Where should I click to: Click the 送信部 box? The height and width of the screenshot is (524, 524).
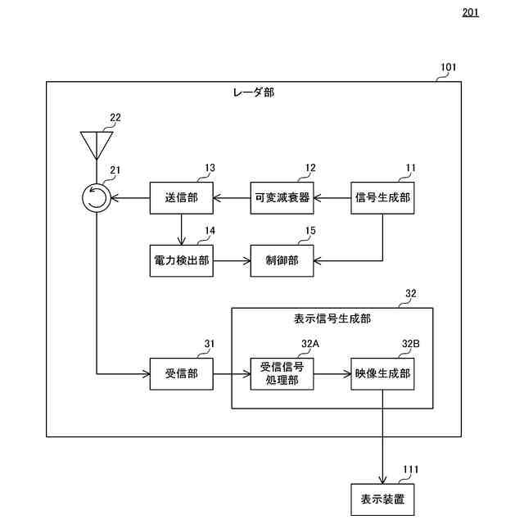pos(182,198)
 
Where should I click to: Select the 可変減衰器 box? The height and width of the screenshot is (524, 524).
pos(282,198)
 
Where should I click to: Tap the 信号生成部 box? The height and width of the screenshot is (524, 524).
pos(382,198)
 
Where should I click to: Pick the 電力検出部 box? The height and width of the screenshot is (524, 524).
pos(182,260)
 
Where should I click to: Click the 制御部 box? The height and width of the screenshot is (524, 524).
pos(282,260)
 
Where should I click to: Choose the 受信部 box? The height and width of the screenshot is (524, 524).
pos(182,374)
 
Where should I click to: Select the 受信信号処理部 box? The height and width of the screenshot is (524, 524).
pos(282,374)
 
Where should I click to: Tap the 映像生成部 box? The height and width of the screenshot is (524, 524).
pos(382,374)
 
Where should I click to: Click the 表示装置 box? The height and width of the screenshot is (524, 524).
pos(382,499)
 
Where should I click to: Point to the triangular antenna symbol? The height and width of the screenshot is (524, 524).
pos(97,142)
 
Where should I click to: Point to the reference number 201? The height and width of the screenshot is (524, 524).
pos(471,12)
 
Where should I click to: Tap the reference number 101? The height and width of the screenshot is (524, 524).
pos(448,67)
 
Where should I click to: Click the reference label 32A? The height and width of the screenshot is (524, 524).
pos(310,344)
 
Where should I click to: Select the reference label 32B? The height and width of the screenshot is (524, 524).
pos(411,344)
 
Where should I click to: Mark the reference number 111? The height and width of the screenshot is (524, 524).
pos(411,469)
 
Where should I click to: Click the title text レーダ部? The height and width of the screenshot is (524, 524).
pos(254,93)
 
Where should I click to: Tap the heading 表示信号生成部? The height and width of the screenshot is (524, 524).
pos(332,318)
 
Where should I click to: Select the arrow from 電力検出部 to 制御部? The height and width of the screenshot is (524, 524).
pos(232,260)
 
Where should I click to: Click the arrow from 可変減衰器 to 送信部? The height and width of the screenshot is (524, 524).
pos(232,198)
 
